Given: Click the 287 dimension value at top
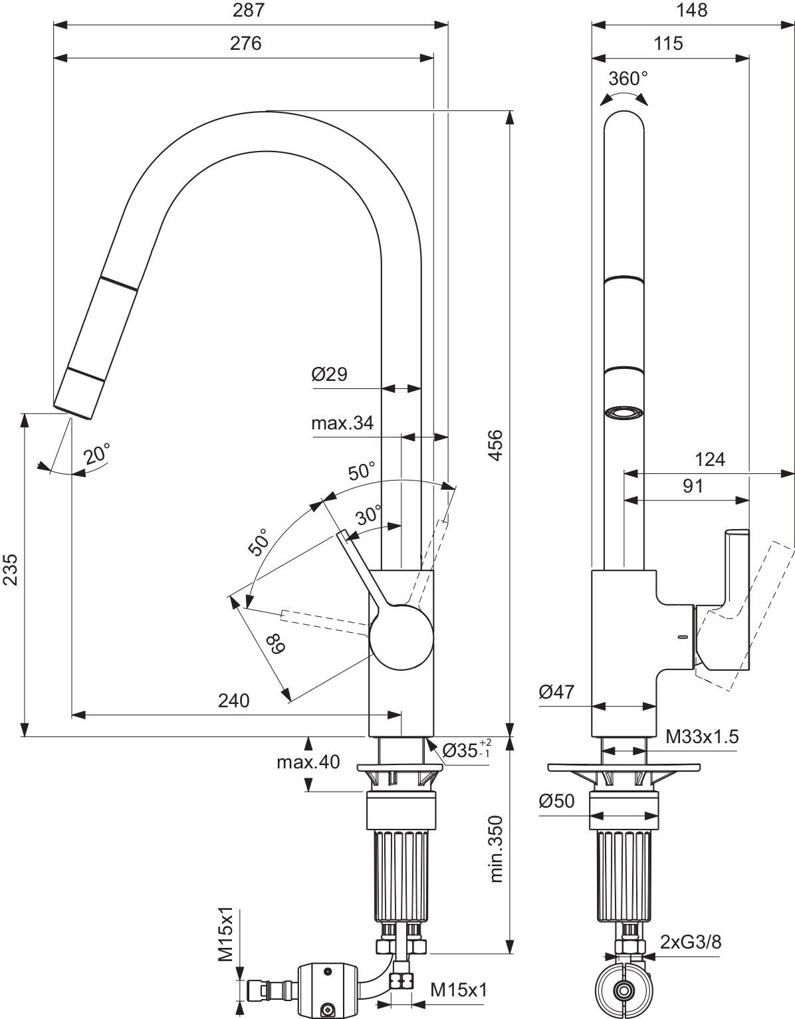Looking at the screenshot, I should pyautogui.click(x=245, y=10).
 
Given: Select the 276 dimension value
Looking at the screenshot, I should pyautogui.click(x=245, y=43).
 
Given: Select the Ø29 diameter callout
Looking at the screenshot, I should pyautogui.click(x=329, y=374).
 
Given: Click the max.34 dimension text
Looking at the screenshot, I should pyautogui.click(x=342, y=423).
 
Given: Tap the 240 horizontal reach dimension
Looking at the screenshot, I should pyautogui.click(x=233, y=700).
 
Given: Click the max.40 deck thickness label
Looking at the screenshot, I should pyautogui.click(x=308, y=762).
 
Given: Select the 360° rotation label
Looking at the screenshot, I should pyautogui.click(x=627, y=78).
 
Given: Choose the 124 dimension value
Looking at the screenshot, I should pyautogui.click(x=710, y=459).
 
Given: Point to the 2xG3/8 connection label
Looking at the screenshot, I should pyautogui.click(x=691, y=942).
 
